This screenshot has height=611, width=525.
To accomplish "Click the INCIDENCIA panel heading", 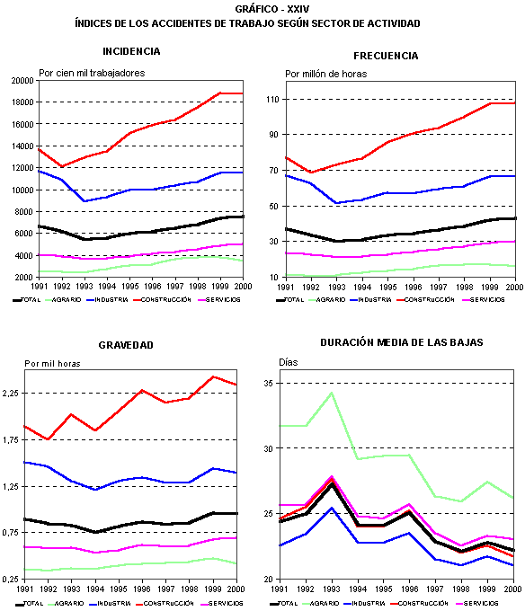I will (132, 51).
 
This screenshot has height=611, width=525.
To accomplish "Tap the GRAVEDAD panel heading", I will (126, 345).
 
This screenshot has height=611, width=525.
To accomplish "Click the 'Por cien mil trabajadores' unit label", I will (92, 72).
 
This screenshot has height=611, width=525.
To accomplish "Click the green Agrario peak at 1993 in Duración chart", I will (332, 392).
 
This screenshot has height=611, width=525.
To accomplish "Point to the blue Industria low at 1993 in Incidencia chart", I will (84, 200).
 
